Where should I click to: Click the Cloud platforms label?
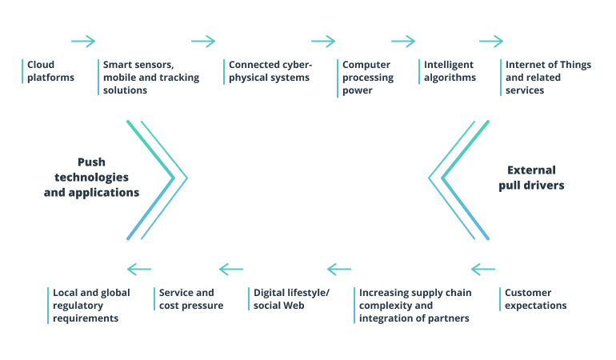[50, 71]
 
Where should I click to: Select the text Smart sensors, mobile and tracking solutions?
[150, 78]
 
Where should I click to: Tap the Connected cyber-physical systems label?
[270, 71]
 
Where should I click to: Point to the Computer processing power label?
[368, 78]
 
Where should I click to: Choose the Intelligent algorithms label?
[450, 71]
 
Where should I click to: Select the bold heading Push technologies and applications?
[91, 177]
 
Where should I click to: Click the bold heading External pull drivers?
[531, 177]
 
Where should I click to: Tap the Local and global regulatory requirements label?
[90, 306]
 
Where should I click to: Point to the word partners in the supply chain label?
[449, 318]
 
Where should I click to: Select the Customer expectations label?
[535, 299]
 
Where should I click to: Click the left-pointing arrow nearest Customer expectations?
[483, 269]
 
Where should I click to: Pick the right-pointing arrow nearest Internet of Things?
[491, 42]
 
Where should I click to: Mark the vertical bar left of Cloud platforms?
[22, 71]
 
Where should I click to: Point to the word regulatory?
[79, 306]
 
